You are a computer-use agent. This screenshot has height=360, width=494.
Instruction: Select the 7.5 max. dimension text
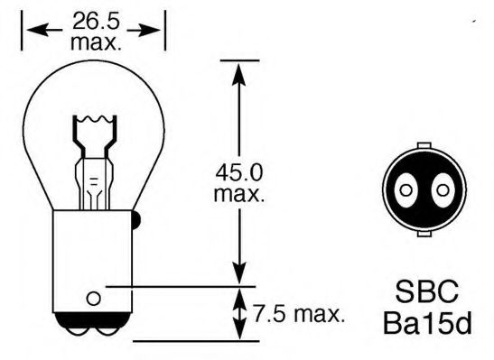click(298, 315)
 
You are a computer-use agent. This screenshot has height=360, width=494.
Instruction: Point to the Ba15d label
click(427, 322)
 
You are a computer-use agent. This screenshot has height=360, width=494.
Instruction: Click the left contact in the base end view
click(406, 189)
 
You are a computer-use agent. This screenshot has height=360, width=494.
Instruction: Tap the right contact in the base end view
click(442, 189)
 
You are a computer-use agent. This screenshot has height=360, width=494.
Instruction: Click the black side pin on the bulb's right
click(135, 217)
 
